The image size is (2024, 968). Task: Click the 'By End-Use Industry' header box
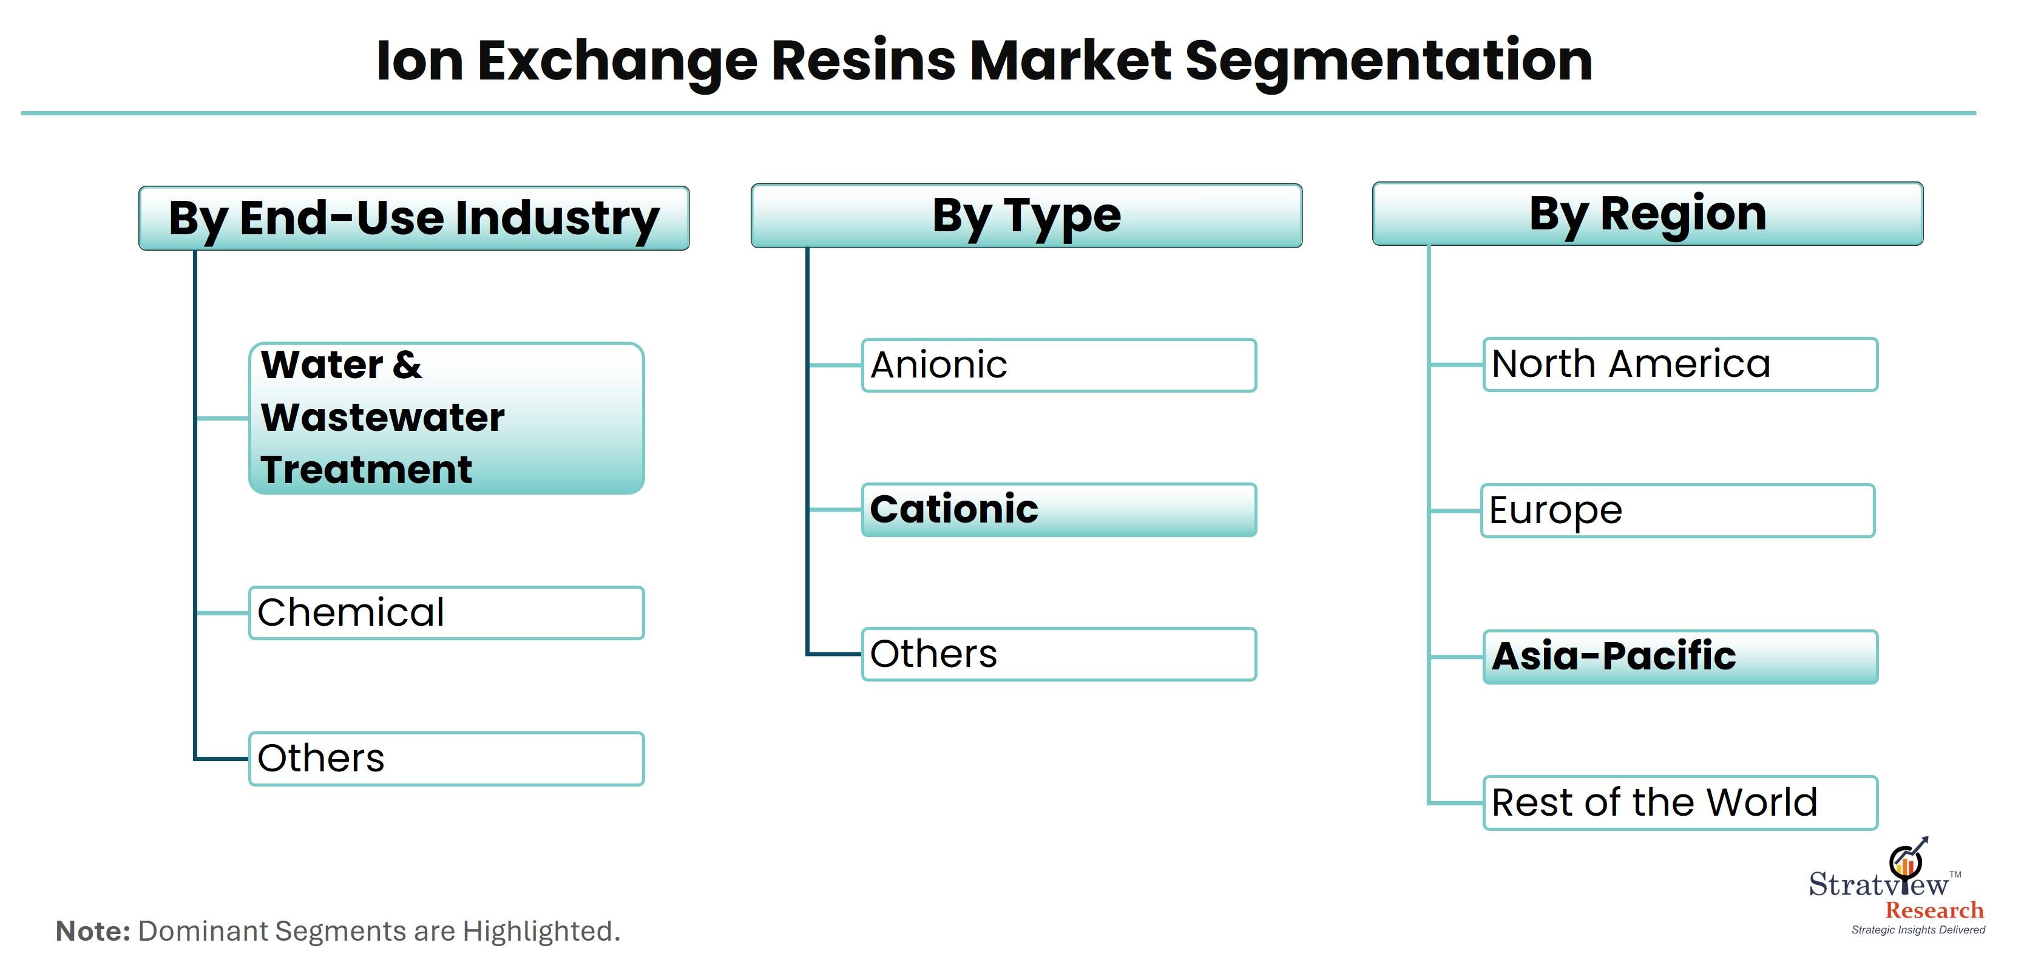coord(414,218)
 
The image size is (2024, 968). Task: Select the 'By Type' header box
coord(1026,216)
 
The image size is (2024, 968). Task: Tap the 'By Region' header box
coord(1648,214)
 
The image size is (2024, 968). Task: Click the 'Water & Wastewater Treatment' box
coord(446,418)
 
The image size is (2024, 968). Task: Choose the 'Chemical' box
coord(446,613)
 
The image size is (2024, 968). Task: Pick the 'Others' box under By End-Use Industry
coord(446,759)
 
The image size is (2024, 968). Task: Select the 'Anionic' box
coord(1059,365)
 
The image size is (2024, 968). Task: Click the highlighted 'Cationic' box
coord(1059,510)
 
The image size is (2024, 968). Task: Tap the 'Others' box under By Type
coord(1059,654)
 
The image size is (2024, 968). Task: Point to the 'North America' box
coord(1680,365)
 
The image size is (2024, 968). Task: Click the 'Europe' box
coord(1678,511)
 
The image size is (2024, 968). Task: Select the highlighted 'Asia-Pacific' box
coord(1680,657)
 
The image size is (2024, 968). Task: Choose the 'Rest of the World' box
coord(1680,803)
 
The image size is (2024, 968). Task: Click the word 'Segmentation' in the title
coord(1389,62)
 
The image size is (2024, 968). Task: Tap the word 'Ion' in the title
coord(421,61)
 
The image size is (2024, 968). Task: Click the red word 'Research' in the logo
coord(1934,910)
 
